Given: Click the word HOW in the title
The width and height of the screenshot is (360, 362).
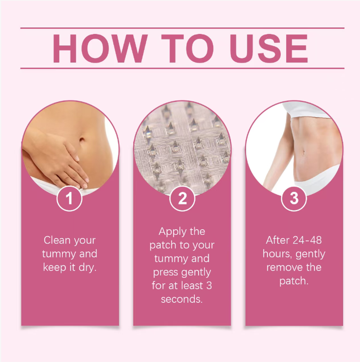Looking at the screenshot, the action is pos(100,48).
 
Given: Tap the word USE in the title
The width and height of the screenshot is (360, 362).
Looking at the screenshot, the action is pos(269,48).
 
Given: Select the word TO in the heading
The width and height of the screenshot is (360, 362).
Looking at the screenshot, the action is pos(188,48).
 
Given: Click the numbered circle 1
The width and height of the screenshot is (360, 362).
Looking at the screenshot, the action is pos(69,198).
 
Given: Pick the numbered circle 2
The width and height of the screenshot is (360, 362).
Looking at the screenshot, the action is pos(182,198).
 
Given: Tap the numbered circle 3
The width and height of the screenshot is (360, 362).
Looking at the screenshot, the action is pos(294,198).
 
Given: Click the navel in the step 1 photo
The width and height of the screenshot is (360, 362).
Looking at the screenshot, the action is pos(82,139).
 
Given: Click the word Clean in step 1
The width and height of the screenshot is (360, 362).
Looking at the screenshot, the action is pos(57,240).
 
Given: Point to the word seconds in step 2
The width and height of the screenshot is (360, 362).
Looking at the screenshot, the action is pos(182,299).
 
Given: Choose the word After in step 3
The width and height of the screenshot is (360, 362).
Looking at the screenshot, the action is pos(277,240).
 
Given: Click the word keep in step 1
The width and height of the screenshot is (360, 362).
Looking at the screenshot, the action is pos(54,268).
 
